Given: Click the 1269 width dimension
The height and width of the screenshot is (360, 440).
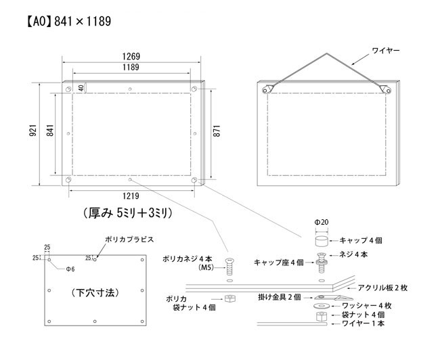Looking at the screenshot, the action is [x=131, y=56].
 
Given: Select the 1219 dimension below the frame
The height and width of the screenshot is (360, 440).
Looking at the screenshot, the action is [x=131, y=196].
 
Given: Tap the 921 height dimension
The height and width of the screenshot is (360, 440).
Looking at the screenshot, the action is [x=33, y=130].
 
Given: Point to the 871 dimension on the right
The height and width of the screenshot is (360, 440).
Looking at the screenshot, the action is [x=217, y=131].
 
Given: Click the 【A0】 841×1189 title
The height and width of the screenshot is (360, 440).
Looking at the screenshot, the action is [x=69, y=22].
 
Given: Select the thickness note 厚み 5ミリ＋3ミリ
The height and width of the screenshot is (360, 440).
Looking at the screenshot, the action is [x=128, y=213].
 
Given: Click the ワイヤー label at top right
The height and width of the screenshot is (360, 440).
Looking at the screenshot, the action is [x=386, y=51].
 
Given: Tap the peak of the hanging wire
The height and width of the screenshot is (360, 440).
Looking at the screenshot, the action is [x=326, y=53].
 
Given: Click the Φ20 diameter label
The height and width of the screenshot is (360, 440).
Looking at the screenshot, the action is [x=322, y=222].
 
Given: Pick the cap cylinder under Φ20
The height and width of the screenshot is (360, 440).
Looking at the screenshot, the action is [x=322, y=241].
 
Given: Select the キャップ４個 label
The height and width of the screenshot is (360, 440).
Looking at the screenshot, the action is [x=361, y=240].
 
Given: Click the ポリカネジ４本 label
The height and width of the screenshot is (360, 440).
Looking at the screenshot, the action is [x=188, y=258].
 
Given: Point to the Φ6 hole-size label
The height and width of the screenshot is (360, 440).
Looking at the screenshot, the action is [x=70, y=269].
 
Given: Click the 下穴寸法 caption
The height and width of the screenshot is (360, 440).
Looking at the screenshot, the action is [x=95, y=293].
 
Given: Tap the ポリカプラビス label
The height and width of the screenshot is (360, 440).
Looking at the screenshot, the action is [x=129, y=240].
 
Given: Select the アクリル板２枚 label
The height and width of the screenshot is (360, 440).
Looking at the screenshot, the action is [x=382, y=288].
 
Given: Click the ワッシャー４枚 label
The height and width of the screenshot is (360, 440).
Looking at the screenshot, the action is [x=367, y=306].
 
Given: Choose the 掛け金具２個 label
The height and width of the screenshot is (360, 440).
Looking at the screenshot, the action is [x=280, y=297].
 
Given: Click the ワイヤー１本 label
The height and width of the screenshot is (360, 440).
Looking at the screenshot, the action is [x=363, y=323].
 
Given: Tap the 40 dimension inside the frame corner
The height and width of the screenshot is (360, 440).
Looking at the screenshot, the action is [x=81, y=88].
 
